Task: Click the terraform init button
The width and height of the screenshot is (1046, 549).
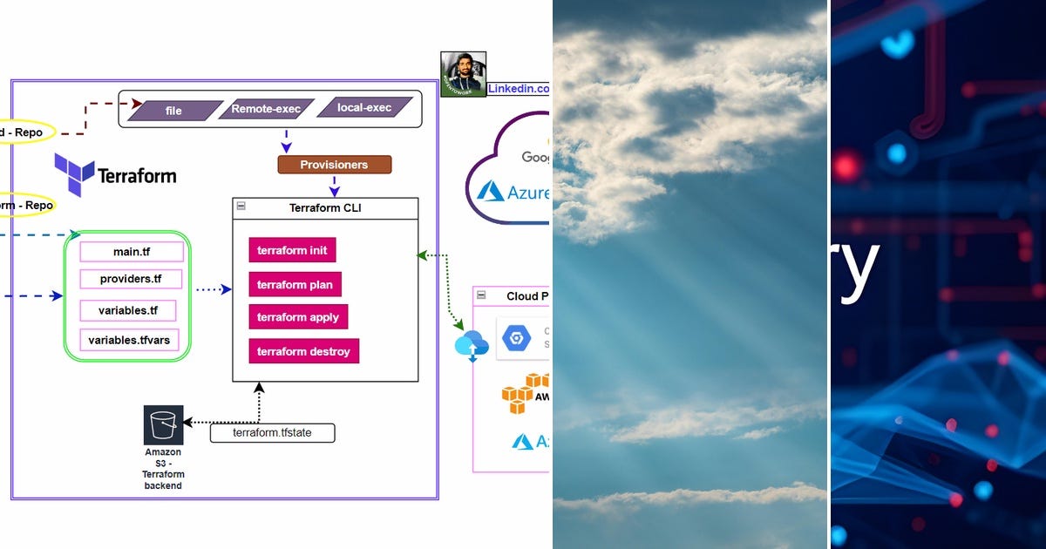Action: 292,250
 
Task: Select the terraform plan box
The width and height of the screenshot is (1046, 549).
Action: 295,284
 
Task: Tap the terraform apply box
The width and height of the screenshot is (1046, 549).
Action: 298,317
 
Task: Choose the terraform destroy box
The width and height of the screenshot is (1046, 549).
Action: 303,351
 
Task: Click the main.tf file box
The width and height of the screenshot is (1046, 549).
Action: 132,252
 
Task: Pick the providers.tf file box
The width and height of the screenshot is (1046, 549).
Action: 132,280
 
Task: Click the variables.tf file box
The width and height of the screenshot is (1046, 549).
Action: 127,311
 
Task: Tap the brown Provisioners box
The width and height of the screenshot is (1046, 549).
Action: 334,164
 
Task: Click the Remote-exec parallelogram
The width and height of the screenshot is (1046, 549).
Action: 266,109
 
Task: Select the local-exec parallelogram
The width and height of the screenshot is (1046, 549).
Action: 363,109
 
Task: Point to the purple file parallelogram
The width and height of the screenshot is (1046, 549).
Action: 173,111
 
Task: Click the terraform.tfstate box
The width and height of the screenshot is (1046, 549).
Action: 272,433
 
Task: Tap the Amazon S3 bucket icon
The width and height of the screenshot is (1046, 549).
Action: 163,424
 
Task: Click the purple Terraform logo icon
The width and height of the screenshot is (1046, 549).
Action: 74,174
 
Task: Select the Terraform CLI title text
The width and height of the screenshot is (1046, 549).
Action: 324,208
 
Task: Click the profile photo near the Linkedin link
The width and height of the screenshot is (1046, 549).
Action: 463,75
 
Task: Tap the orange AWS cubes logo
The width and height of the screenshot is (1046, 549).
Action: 525,394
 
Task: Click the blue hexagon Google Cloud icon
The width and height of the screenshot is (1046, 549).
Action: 517,336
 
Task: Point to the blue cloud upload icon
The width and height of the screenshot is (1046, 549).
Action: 472,345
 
